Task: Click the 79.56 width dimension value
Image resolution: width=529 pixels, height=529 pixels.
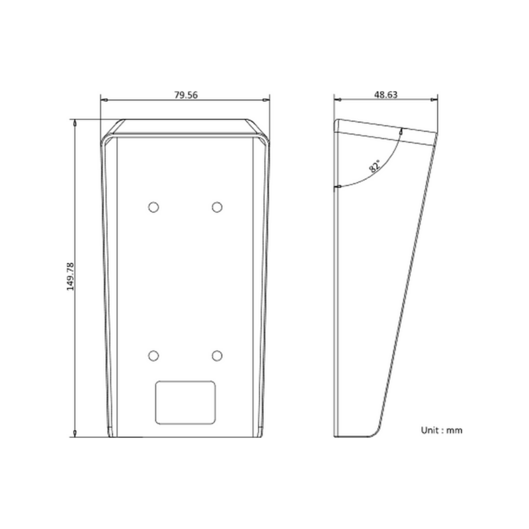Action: coord(186,95)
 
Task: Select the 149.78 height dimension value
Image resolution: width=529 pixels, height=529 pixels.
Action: coord(70,276)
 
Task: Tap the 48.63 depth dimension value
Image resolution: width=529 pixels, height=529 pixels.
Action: coord(386,95)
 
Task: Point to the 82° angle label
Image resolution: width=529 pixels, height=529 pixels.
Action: coord(374,166)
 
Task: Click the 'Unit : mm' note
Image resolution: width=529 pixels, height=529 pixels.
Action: coord(442,430)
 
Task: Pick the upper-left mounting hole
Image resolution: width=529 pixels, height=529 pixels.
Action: coord(153,207)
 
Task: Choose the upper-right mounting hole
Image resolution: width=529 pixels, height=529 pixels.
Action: coord(217,207)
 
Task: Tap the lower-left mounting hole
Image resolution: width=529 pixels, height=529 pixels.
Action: coord(153,356)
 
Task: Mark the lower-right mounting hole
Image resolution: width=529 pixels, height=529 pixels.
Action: coord(217,356)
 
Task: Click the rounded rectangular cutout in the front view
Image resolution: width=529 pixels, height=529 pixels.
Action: coord(185,403)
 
